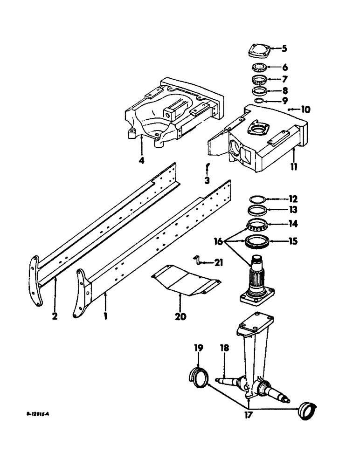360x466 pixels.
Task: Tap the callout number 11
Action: coord(294,166)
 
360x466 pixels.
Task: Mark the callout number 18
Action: coord(225,348)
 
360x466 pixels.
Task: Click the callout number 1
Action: coord(106,315)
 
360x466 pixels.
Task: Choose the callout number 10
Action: coord(305,110)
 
